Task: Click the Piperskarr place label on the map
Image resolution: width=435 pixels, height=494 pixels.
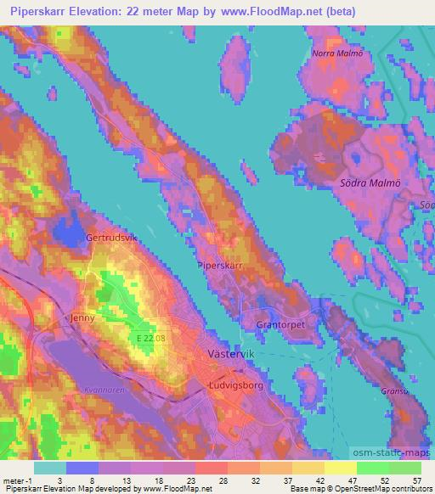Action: point(220,265)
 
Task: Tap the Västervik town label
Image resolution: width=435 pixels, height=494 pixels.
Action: point(227,351)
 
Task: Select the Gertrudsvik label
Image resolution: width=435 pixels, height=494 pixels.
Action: point(111,238)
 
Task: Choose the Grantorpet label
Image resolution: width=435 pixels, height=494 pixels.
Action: point(280,324)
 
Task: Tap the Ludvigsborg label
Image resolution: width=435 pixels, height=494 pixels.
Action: point(234,384)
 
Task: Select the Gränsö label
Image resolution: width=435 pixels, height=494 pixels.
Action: point(394,390)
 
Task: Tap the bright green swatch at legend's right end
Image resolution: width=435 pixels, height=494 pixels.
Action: point(405,468)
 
